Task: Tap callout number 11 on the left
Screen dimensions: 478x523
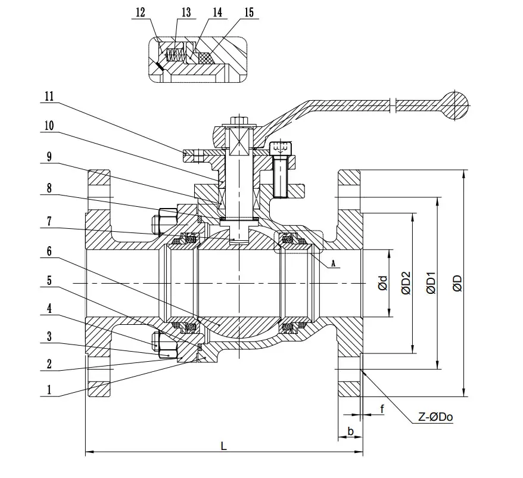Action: point(49,95)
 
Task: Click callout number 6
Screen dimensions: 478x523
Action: point(49,252)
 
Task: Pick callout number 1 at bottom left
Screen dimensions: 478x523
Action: point(49,391)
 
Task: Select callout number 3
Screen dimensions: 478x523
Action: point(49,337)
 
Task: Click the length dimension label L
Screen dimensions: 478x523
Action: point(223,445)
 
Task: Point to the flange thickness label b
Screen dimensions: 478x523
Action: point(350,431)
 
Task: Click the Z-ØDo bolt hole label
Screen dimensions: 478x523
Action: point(434,417)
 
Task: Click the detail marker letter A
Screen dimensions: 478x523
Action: point(332,262)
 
